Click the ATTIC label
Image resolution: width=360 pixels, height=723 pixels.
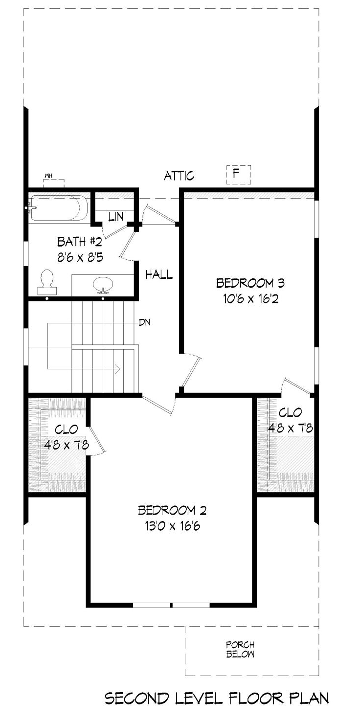[179, 176]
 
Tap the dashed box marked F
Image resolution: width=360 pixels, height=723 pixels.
[239, 175]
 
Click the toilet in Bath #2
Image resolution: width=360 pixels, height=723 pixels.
[47, 282]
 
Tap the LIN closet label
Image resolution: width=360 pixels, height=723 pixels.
[116, 217]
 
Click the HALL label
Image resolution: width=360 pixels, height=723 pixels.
[159, 275]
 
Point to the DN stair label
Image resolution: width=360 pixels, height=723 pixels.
[144, 322]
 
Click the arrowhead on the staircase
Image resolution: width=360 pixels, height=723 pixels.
[118, 368]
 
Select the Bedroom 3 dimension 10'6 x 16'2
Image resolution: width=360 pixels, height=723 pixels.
[250, 299]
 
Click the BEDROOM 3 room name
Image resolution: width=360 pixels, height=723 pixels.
[250, 283]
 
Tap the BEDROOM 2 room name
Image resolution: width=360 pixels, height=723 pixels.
[172, 510]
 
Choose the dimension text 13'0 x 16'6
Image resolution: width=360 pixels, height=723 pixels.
[172, 526]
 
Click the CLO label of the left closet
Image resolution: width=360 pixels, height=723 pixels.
[67, 429]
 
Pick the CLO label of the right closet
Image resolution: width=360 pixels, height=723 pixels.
[291, 412]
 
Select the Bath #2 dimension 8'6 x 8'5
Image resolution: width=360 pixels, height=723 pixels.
[80, 258]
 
